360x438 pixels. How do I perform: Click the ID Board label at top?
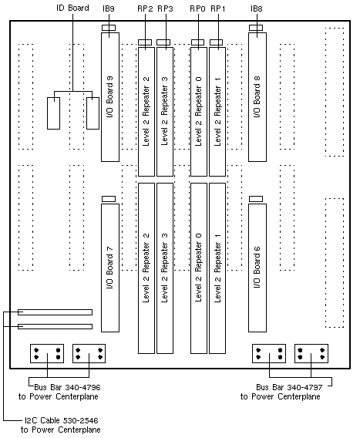coord(72,8)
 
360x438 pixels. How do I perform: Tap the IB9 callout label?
coord(109,9)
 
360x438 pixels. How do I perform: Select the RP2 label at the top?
coord(145,9)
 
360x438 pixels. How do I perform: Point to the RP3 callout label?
coord(165,9)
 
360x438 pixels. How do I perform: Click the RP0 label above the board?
coord(197,9)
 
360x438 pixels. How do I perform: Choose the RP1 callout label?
coord(218,9)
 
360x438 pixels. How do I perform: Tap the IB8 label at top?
coord(257,9)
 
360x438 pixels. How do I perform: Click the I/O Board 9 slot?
coord(110,97)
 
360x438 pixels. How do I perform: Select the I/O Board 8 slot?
coord(257,97)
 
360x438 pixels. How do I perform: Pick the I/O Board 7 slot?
coord(110,268)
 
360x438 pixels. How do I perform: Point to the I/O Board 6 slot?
coord(257,268)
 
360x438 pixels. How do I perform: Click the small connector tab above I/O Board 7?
coord(109,199)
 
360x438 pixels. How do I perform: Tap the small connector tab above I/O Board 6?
coord(256,199)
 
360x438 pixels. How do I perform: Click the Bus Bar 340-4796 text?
coord(67,387)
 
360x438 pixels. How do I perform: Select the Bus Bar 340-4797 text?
coord(289,387)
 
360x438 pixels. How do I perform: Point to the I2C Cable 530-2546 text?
coord(62,420)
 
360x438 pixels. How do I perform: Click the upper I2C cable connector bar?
coord(55,312)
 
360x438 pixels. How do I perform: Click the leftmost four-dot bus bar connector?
coord(47,353)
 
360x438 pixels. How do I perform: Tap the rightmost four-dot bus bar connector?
coord(311,353)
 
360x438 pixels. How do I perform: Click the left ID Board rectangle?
coord(54,113)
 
